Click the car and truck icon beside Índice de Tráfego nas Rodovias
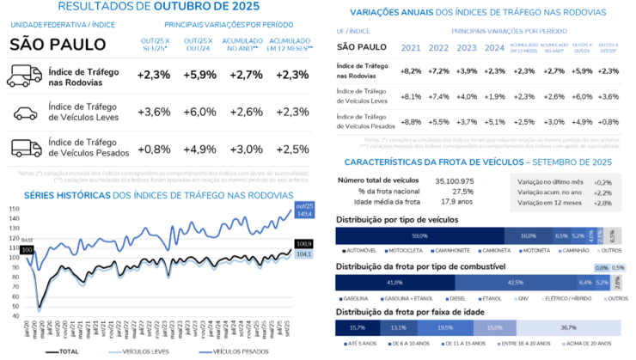pyautogui.click(x=24, y=75)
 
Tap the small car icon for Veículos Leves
pyautogui.click(x=25, y=111)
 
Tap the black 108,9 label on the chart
pyautogui.click(x=303, y=245)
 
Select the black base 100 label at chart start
pyautogui.click(x=26, y=250)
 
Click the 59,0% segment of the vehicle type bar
pyautogui.click(x=420, y=235)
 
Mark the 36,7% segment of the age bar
pyautogui.click(x=568, y=327)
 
